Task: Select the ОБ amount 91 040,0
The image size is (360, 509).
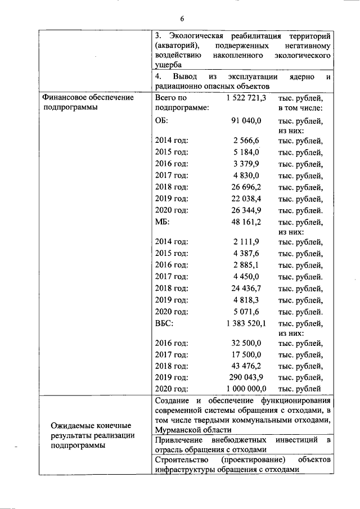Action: (247, 120)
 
